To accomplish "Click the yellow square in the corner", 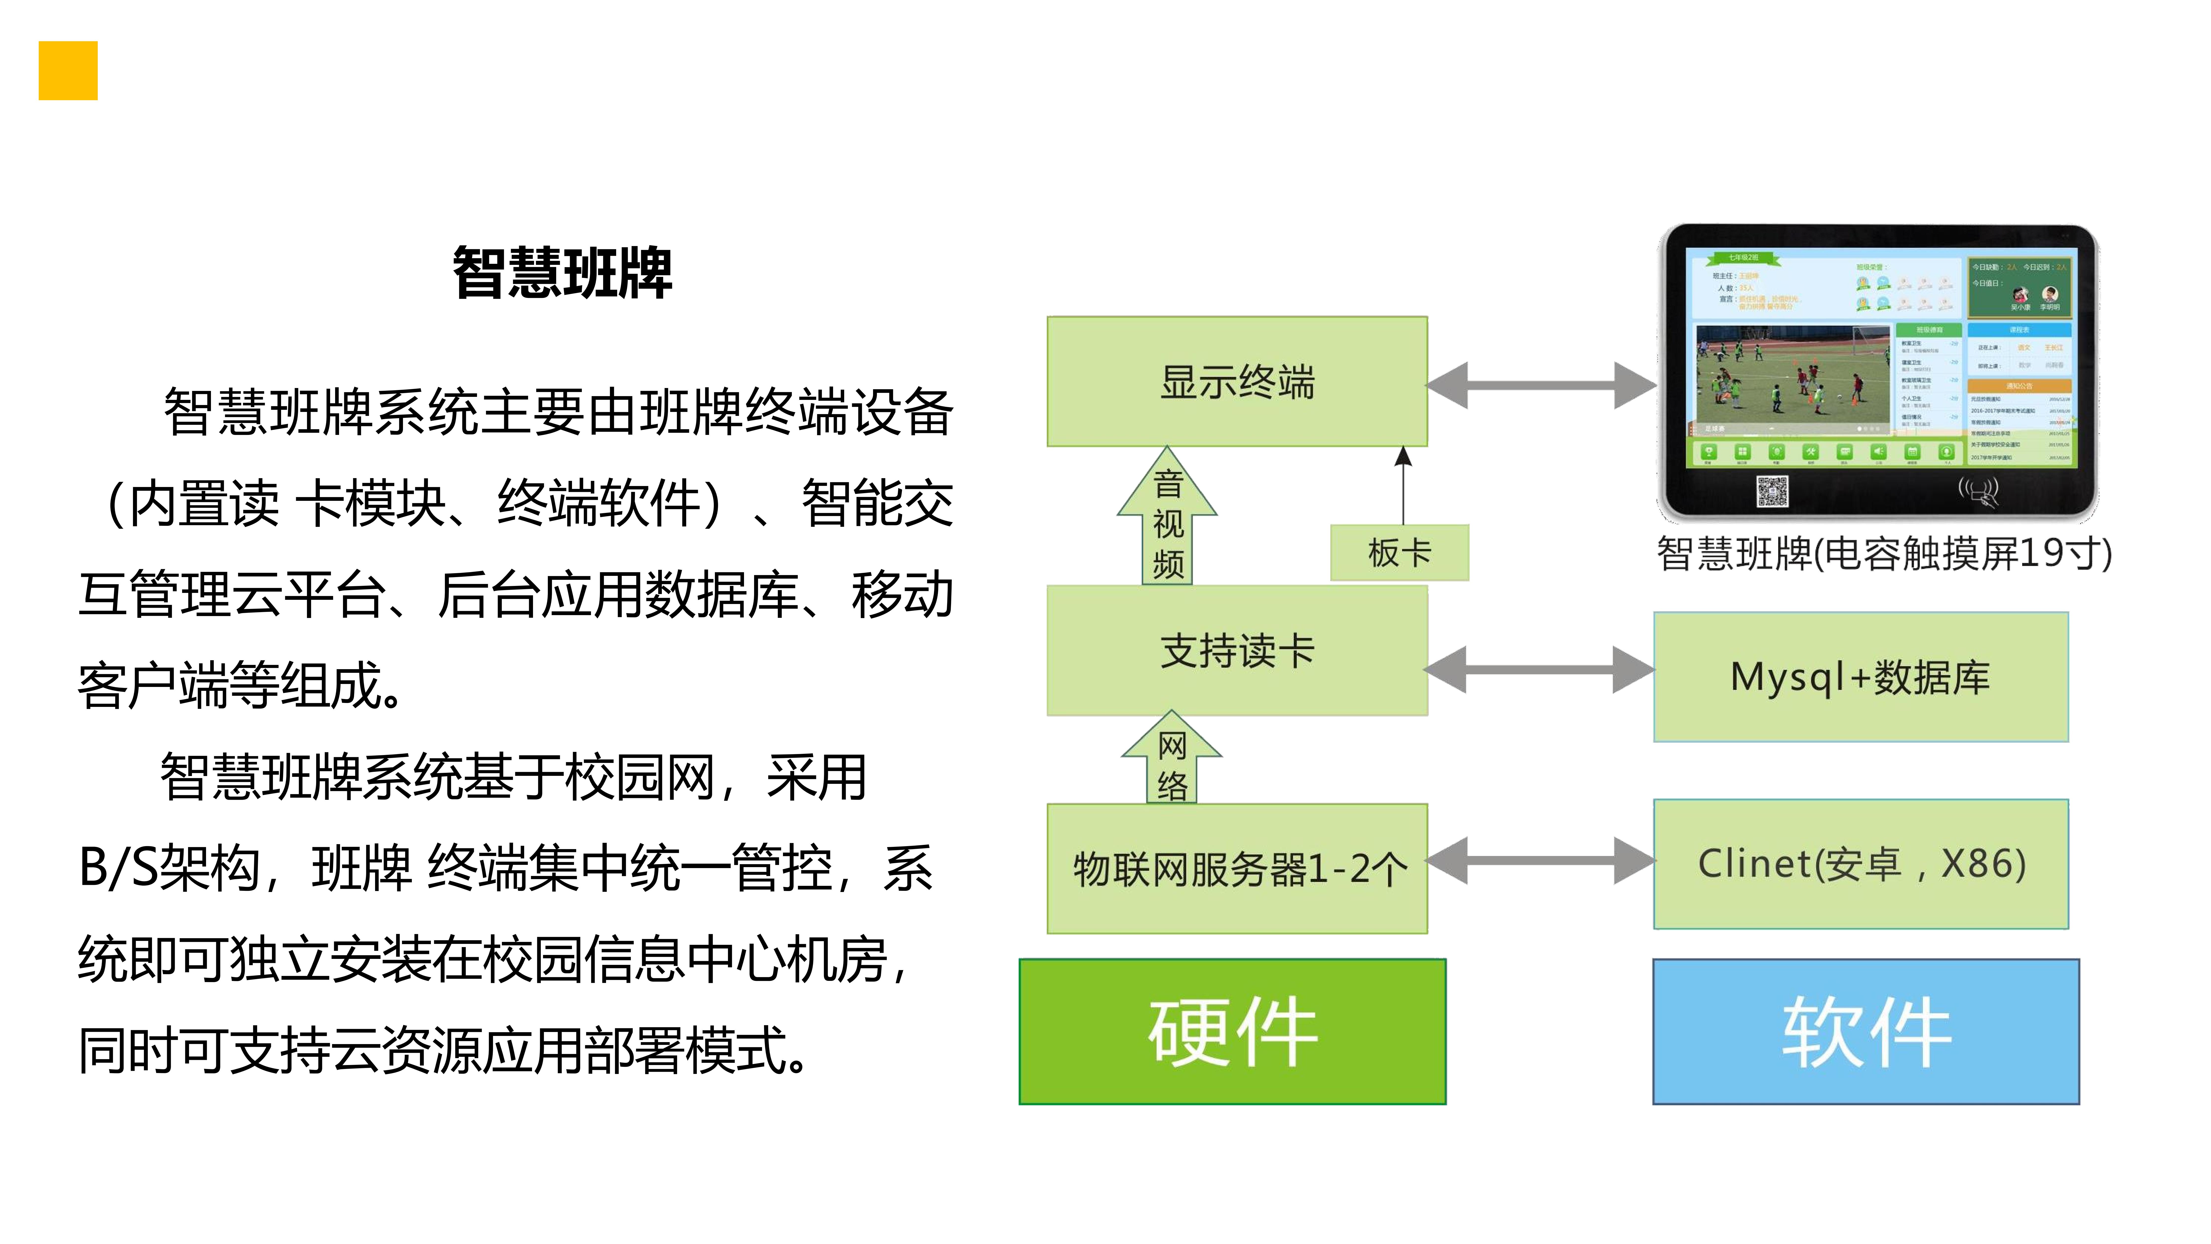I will pos(68,70).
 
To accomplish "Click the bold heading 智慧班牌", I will pos(562,273).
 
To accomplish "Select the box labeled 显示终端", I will pos(1237,381).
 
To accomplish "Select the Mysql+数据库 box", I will pos(1860,677).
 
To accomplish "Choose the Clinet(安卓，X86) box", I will pos(1860,864).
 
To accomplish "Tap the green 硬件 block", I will pos(1233,1031).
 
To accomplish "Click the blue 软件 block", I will pos(1866,1031).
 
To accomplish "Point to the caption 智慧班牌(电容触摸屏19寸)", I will pos(1884,554).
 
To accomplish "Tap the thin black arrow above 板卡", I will pos(1403,485).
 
